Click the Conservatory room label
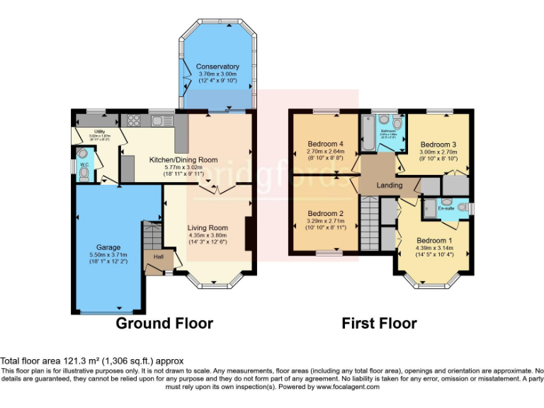pos(217,67)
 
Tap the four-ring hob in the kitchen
pos(131,120)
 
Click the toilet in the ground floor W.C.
pos(84,154)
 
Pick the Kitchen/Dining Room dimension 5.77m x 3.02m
pos(183,167)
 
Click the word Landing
pos(389,186)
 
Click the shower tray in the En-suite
pos(430,209)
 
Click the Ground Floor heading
pos(164,324)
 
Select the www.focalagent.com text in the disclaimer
pos(348,387)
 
